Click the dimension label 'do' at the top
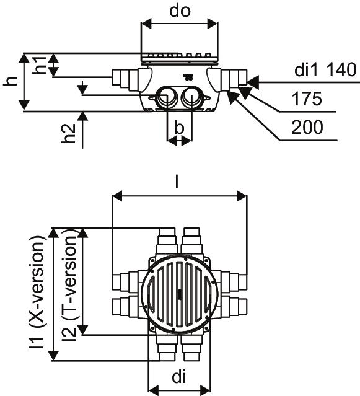tap(180, 11)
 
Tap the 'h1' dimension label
tap(40, 65)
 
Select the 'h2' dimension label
tap(69, 133)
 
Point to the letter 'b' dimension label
tap(179, 128)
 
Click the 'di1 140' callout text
tap(325, 70)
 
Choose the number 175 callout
tap(307, 99)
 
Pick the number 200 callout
tap(307, 127)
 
